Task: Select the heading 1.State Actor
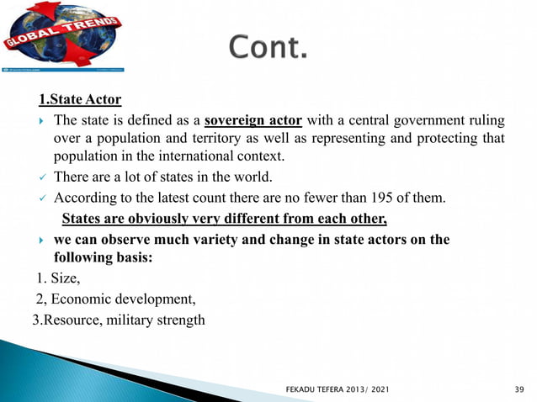point(80,100)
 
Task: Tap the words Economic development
point(122,299)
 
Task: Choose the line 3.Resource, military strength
point(118,320)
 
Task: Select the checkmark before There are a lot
point(41,177)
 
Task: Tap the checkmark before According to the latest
point(41,198)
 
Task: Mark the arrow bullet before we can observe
point(41,241)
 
